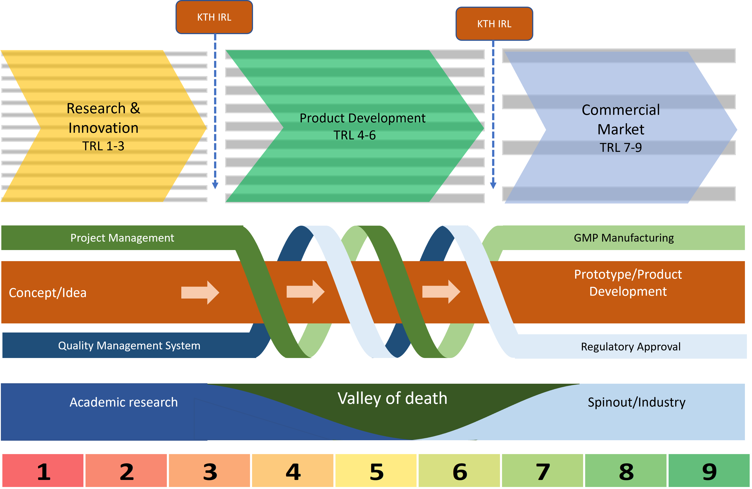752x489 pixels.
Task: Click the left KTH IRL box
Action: click(x=214, y=17)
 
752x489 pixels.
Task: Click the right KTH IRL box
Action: click(x=494, y=24)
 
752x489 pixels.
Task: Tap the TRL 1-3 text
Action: click(x=103, y=146)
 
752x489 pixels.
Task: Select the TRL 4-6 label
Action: click(x=354, y=135)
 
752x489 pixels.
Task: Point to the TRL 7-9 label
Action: click(x=621, y=148)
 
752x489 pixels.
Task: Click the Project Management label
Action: click(x=122, y=238)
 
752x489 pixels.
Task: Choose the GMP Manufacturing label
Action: click(x=624, y=238)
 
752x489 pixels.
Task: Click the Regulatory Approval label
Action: click(x=631, y=347)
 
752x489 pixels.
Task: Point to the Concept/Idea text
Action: click(x=48, y=293)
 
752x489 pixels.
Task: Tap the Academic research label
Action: click(x=124, y=402)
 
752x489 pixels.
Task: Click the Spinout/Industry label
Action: click(x=636, y=402)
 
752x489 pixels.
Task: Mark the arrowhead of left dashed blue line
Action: click(x=215, y=185)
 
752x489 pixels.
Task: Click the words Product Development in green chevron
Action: click(x=362, y=118)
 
